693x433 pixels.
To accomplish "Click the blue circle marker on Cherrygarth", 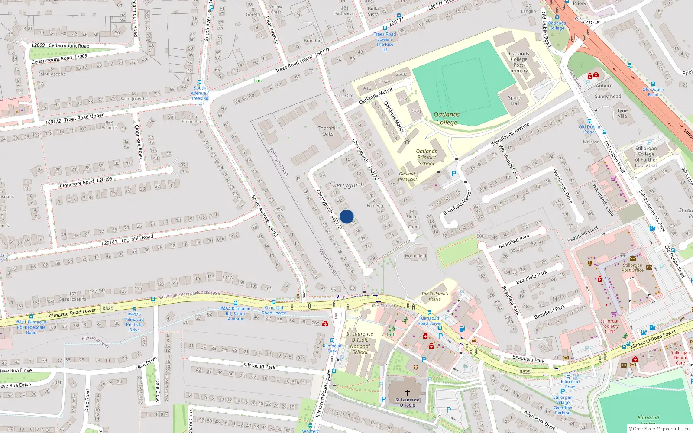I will point(346,216).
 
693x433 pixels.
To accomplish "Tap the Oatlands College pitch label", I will point(447,118).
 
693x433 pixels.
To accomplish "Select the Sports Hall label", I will point(515,100).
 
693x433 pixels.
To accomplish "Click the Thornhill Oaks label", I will point(328,131).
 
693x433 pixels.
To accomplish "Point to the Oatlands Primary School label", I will point(426,158).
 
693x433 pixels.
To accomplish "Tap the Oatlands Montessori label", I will point(408,176).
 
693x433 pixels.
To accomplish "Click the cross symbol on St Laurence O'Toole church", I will point(407,393).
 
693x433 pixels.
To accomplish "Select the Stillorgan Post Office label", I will point(632,268).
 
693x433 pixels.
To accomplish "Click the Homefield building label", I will point(415,256).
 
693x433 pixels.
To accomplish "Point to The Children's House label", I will point(435,296).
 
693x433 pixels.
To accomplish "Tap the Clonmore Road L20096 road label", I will point(86,182).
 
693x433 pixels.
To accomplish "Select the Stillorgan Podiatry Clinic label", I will point(610,326).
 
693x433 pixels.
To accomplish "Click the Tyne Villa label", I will point(622,113).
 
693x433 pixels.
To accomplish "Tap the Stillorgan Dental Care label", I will point(680,358).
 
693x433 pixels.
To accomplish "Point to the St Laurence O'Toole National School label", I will point(360,343).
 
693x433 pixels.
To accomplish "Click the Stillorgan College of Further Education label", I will point(646,157).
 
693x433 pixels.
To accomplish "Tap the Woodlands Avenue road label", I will point(510,134).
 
